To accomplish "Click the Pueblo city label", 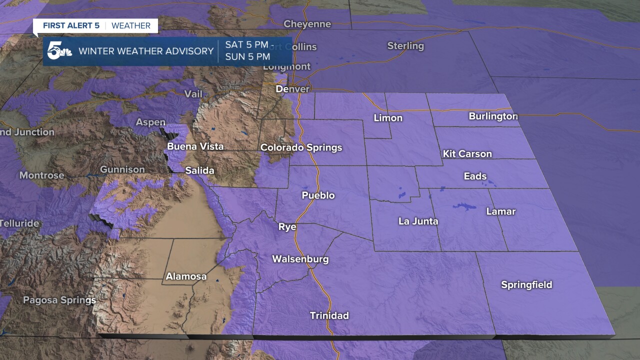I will (318, 195).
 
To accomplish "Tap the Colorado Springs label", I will (301, 147).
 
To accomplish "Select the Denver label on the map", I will (292, 89).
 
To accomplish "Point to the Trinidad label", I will (329, 315).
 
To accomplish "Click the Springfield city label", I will (526, 285).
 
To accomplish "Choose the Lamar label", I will (500, 211).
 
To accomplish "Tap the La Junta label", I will (418, 221).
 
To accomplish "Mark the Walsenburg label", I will (300, 259).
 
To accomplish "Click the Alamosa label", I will (186, 276).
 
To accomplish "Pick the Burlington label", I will (493, 116).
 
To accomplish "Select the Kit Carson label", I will (467, 154).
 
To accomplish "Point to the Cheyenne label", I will (307, 24).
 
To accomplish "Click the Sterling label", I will (405, 46).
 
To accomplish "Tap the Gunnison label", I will (122, 169).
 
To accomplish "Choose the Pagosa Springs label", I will (59, 300).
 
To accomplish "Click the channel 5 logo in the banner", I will (59, 51).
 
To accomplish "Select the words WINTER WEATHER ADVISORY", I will (146, 51).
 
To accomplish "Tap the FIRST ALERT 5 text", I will (71, 25).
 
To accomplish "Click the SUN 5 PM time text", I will (247, 56).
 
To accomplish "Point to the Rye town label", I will (287, 227).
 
